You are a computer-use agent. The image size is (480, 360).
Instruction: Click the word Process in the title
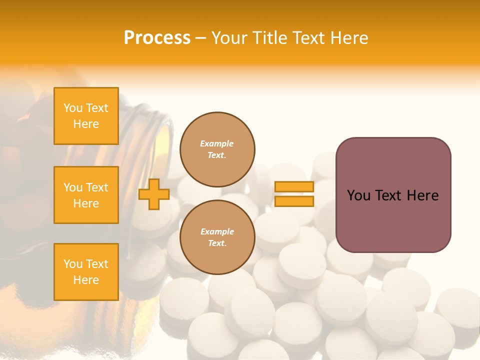pos(157,38)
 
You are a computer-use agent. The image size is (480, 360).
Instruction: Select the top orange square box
pos(86,116)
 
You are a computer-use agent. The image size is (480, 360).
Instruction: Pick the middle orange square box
pos(86,195)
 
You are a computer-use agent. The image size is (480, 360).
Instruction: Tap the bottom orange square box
pos(86,272)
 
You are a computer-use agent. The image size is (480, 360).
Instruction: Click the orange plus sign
pos(154,194)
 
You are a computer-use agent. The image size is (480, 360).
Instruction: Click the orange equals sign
pos(294,194)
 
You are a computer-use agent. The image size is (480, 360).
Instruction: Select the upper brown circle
pos(217,149)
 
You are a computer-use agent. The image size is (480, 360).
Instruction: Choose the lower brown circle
pos(217,237)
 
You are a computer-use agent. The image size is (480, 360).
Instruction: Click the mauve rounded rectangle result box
pos(393,195)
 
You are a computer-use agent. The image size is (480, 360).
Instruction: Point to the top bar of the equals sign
pos(294,187)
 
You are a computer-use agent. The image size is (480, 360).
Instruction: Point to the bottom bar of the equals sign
pos(294,201)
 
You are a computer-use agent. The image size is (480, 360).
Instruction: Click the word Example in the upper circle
pos(217,143)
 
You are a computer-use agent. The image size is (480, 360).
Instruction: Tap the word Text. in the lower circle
pos(217,243)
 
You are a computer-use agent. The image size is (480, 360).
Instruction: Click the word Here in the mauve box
pos(422,195)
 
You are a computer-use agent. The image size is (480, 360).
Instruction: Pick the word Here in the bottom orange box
pos(86,280)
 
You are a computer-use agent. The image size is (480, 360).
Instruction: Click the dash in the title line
pos(200,38)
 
